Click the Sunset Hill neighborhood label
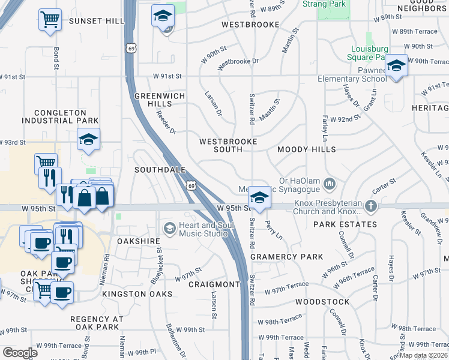[x=96, y=21]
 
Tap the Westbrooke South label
[x=228, y=145]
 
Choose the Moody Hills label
[x=307, y=149]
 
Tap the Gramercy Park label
[x=279, y=257]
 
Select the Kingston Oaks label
[x=137, y=294]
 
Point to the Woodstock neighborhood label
[x=322, y=302]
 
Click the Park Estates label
[x=345, y=224]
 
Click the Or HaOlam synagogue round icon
[x=329, y=182]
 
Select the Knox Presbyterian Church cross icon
[x=371, y=207]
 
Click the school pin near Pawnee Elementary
[x=396, y=65]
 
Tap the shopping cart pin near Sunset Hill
[x=50, y=19]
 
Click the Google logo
[x=20, y=352]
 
